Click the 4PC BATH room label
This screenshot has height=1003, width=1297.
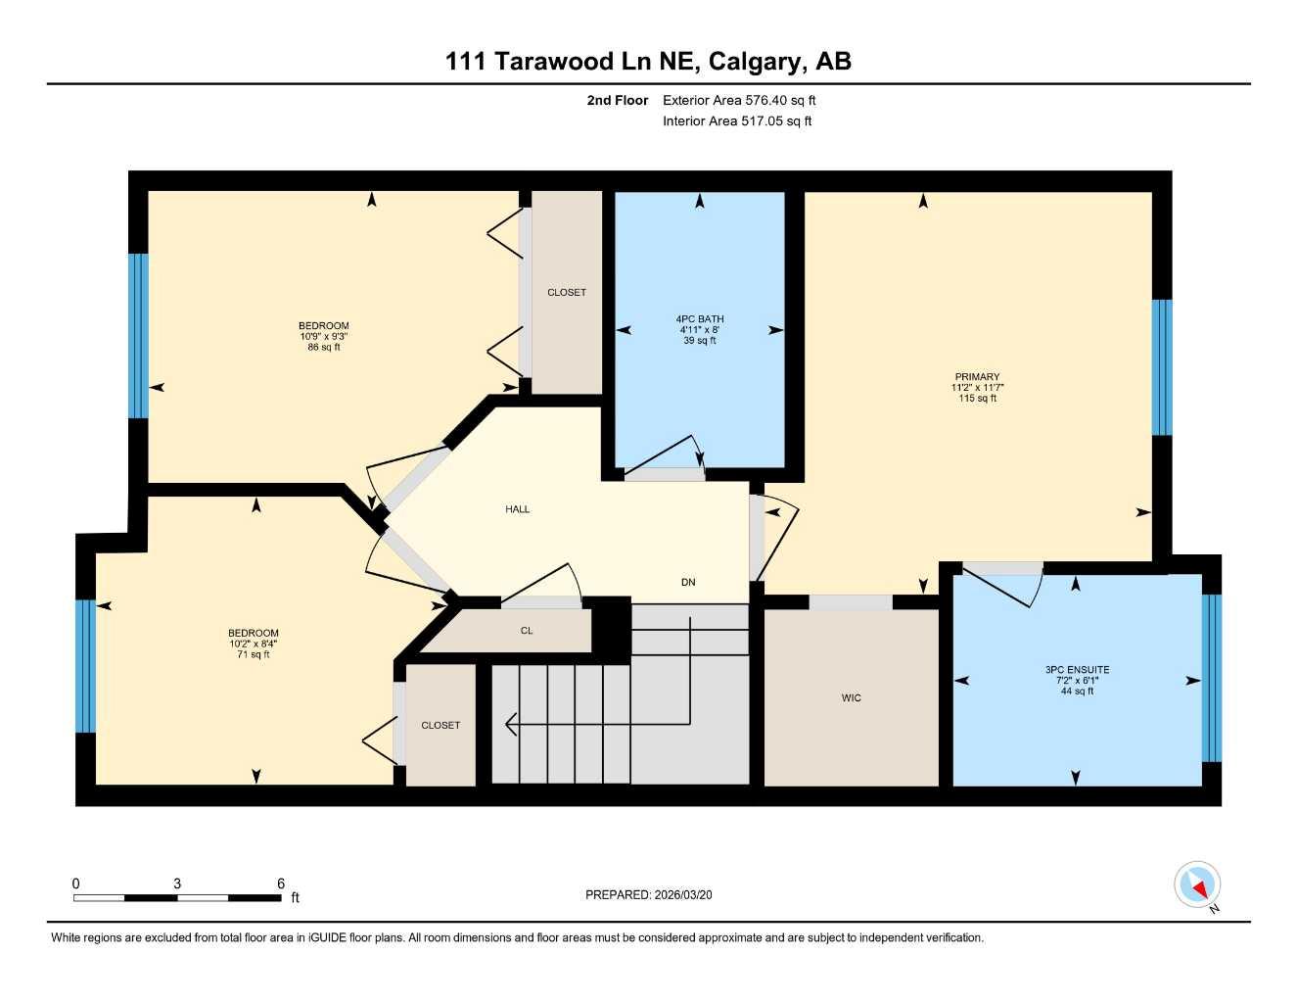700,319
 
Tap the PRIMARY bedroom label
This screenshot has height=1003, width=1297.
977,377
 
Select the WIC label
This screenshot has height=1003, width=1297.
851,698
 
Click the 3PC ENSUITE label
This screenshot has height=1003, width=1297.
1077,670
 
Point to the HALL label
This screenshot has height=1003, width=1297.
518,509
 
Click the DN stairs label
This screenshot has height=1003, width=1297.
688,582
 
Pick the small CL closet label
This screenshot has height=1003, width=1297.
527,631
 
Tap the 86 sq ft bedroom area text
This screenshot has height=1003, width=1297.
324,348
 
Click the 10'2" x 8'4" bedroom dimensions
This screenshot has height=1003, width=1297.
254,644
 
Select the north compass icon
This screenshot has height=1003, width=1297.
1197,885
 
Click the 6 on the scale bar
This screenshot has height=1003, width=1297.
281,884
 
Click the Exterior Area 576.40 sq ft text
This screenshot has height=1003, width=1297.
739,100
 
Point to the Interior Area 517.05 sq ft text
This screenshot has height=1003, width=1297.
737,121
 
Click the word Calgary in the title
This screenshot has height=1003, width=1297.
757,62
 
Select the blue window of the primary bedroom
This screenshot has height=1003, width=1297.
1162,367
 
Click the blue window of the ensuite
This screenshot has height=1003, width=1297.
1212,678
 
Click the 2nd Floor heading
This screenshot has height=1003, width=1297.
618,100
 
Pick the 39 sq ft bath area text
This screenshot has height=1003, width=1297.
700,341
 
